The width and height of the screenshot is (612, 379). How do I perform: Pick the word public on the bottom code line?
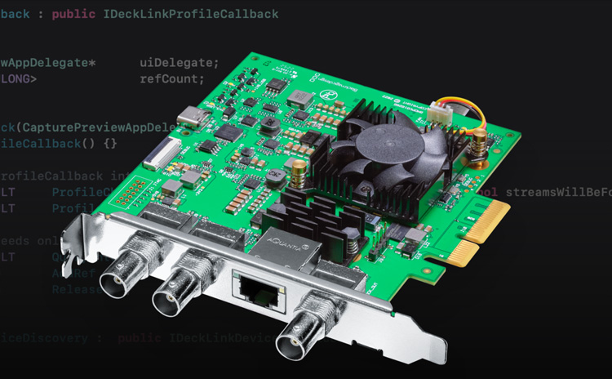click(140, 337)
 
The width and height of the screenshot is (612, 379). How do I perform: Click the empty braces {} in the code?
click(110, 143)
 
